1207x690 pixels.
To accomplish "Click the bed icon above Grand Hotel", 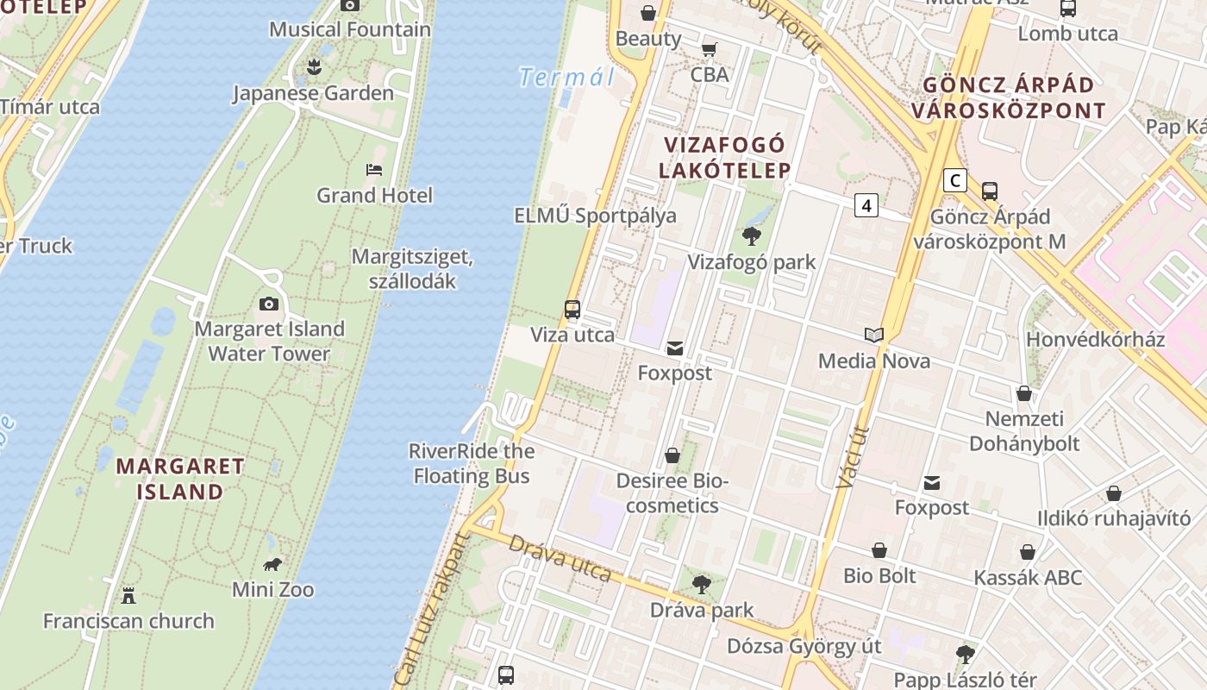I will pyautogui.click(x=373, y=170).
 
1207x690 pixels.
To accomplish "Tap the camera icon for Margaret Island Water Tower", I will pyautogui.click(x=269, y=304).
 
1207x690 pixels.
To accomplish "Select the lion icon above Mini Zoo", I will pyautogui.click(x=272, y=565).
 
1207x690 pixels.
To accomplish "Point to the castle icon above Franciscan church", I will pyautogui.click(x=128, y=595).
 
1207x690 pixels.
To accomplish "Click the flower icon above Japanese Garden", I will pyautogui.click(x=314, y=67).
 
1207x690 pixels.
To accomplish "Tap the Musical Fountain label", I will pyautogui.click(x=350, y=29).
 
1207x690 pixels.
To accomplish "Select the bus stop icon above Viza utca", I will pyautogui.click(x=572, y=310).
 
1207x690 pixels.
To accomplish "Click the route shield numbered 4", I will pyautogui.click(x=866, y=205).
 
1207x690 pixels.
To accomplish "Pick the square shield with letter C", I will pyautogui.click(x=954, y=180).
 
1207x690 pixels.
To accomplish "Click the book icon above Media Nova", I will pyautogui.click(x=874, y=335).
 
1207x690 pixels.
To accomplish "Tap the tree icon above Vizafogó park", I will pyautogui.click(x=751, y=235).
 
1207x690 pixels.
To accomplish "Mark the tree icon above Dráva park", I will pyautogui.click(x=702, y=584).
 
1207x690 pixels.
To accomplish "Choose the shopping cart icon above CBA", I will pyautogui.click(x=709, y=49).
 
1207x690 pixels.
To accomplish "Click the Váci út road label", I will pyautogui.click(x=854, y=457).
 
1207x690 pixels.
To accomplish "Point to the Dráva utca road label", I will pyautogui.click(x=560, y=558).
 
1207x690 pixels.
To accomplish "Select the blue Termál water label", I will pyautogui.click(x=566, y=78).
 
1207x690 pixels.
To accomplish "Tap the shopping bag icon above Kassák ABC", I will pyautogui.click(x=1028, y=552).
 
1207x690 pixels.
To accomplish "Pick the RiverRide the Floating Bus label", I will pyautogui.click(x=471, y=463).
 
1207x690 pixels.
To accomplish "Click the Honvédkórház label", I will pyautogui.click(x=1095, y=339).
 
